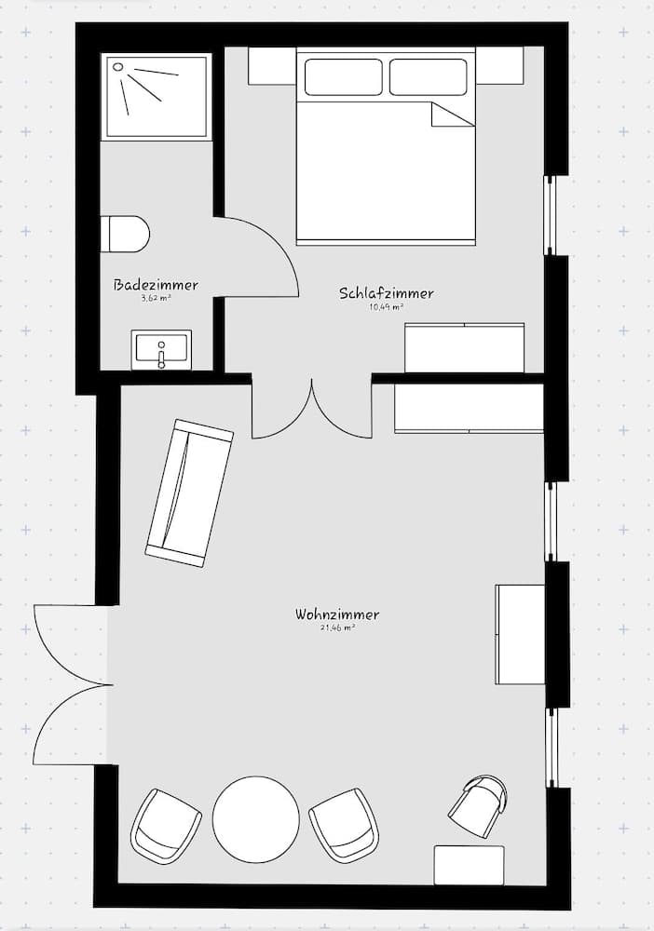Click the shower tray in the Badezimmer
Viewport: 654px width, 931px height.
(157, 96)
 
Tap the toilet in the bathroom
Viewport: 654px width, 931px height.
(126, 234)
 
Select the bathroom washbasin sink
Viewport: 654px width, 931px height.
(161, 349)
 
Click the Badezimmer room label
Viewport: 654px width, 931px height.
(156, 285)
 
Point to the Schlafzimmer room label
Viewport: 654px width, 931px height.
(386, 293)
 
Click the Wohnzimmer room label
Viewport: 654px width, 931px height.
(337, 614)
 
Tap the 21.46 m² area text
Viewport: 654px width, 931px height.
(337, 628)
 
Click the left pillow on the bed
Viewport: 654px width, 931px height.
(344, 76)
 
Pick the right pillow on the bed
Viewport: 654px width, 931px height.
(428, 76)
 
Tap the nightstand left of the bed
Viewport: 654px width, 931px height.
(272, 65)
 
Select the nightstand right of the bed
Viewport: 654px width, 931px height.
(499, 65)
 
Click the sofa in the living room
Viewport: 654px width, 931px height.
(189, 492)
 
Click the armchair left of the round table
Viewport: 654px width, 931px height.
(166, 825)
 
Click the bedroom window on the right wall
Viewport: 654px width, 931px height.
(550, 214)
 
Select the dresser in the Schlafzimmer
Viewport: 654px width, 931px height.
(464, 347)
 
